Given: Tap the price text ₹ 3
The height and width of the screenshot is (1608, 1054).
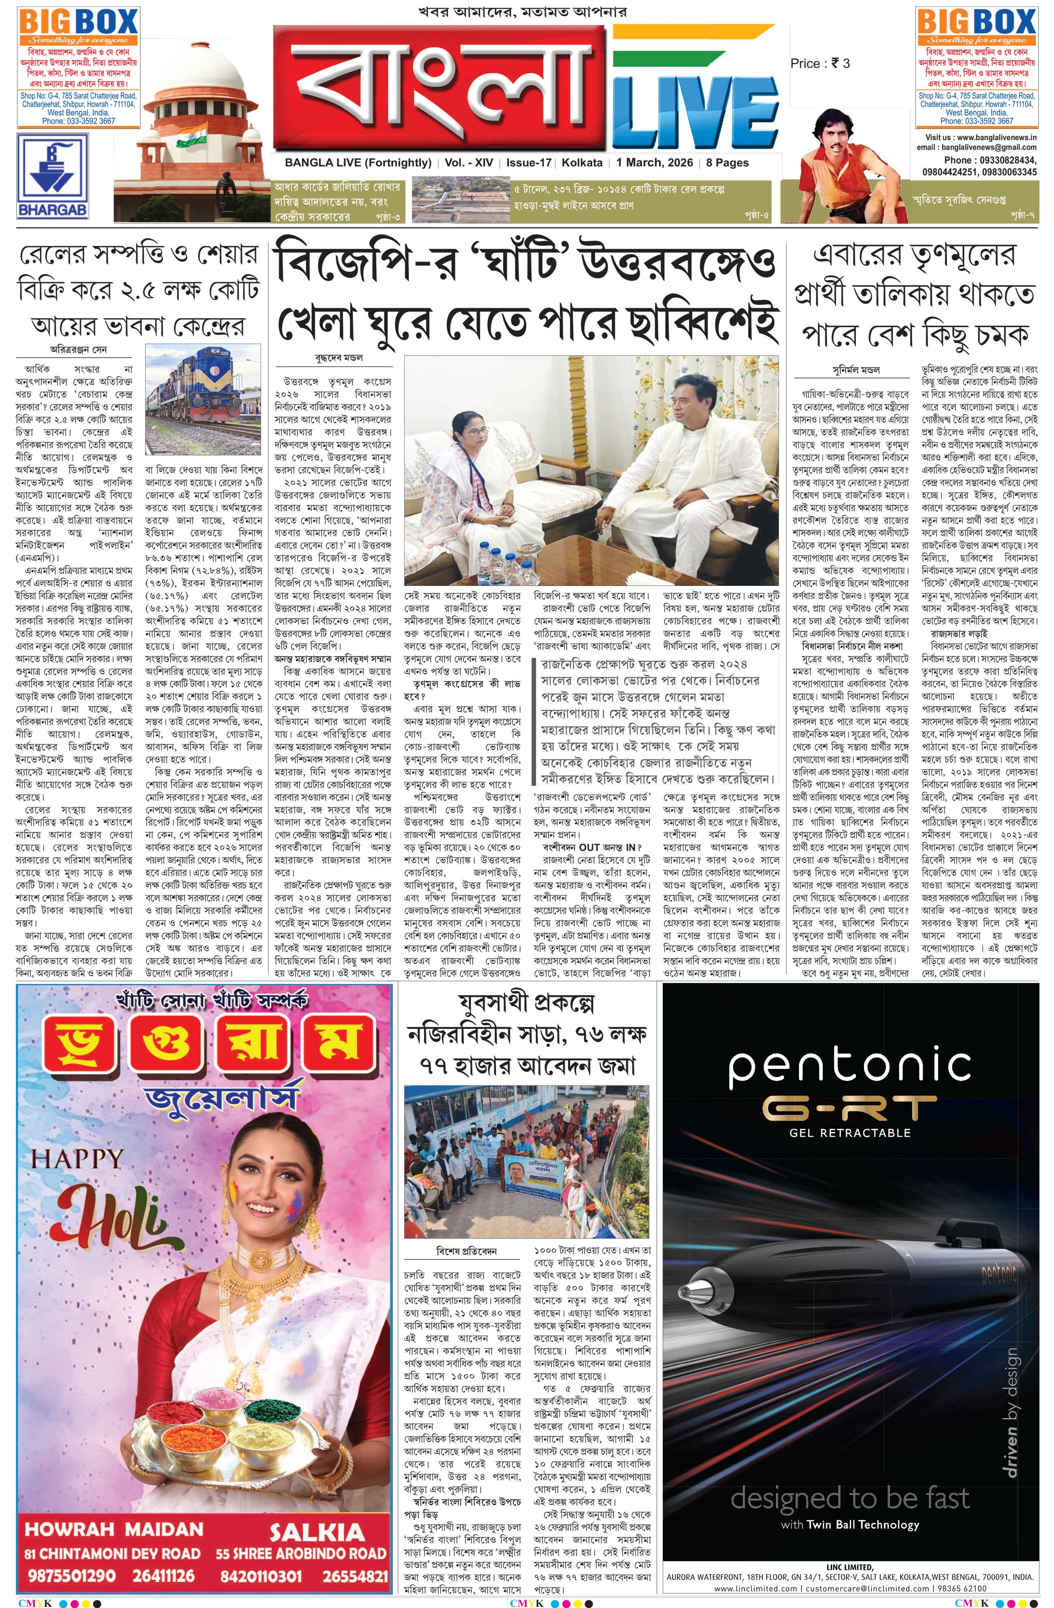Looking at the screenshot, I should coord(840,64).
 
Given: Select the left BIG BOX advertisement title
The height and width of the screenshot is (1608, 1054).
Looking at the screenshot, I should coord(78,23).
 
